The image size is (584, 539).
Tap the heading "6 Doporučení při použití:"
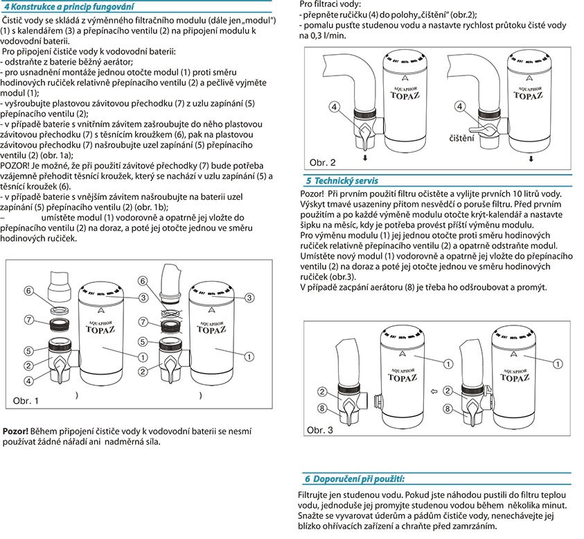[x=355, y=479]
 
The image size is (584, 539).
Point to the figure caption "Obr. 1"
[x=26, y=401]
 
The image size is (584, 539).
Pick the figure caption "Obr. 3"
[x=319, y=431]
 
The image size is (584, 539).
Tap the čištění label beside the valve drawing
[x=461, y=139]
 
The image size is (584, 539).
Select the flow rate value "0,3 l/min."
[x=322, y=35]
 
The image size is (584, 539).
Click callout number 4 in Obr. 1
[x=29, y=381]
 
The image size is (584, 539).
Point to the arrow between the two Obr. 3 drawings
[x=434, y=392]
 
